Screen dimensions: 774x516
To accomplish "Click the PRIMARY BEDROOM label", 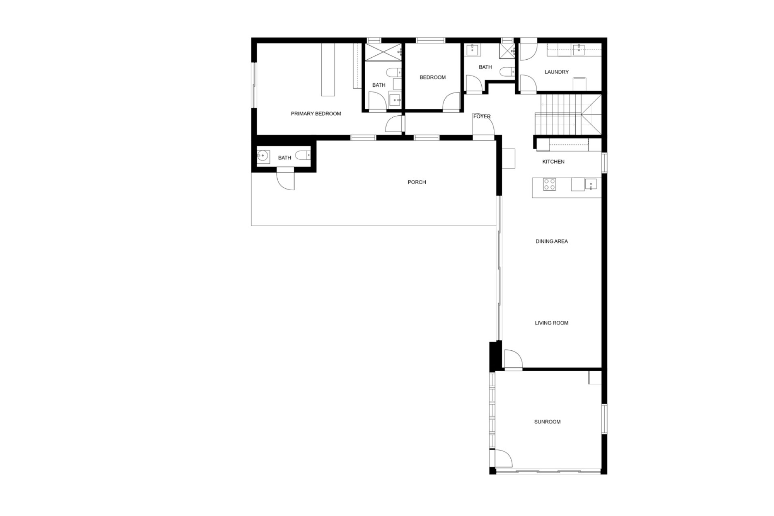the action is (316, 114).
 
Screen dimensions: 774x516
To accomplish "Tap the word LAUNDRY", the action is (556, 72).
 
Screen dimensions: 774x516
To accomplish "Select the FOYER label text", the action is (482, 116).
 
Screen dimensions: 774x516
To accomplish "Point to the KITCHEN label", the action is (553, 162).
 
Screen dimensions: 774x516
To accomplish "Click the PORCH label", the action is (416, 182).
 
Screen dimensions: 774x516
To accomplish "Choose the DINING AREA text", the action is (551, 241).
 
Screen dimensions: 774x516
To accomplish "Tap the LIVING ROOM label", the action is (551, 323).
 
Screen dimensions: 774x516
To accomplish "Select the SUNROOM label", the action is (547, 422).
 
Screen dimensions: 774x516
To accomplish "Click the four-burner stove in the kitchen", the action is (549, 184).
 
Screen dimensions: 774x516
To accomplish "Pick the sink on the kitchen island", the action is (591, 184).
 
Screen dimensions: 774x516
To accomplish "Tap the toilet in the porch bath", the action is (302, 155).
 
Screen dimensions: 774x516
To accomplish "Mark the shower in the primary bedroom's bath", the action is (383, 52).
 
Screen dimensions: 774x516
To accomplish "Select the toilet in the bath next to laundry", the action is (507, 72).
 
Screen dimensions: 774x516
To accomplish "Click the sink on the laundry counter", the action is (579, 50).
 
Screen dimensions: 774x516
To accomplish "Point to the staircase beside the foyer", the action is (568, 115).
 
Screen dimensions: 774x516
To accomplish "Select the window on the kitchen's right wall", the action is (604, 162).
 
